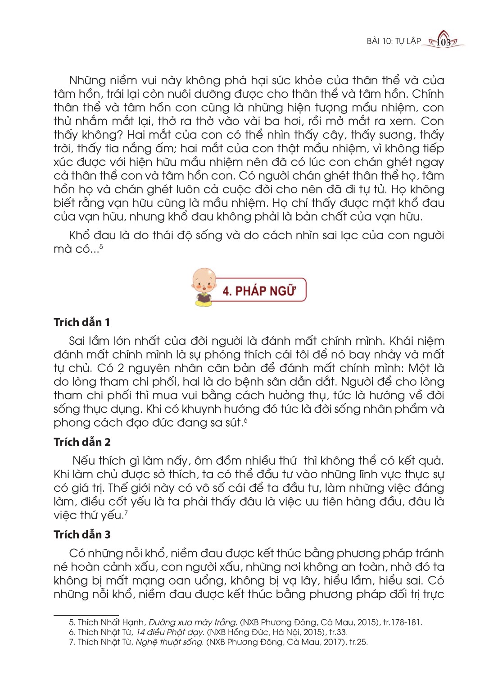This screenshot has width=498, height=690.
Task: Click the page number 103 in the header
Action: pos(444,42)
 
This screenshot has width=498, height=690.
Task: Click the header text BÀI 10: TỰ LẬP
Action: pos(394,41)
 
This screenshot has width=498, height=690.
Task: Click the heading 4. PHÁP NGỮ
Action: pos(259,291)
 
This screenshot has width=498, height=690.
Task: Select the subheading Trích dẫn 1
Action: pos(81,322)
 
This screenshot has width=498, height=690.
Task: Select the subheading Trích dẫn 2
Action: pos(82,442)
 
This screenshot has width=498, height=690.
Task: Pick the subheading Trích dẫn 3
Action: pos(82,535)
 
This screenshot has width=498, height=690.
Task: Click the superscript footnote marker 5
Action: pos(101,246)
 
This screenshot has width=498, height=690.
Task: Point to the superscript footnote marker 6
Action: pos(245,420)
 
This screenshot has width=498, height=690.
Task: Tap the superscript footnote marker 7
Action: pos(126,512)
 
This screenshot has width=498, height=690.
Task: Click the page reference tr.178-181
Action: pos(403,622)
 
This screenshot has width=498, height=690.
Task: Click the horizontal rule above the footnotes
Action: pos(86,614)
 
